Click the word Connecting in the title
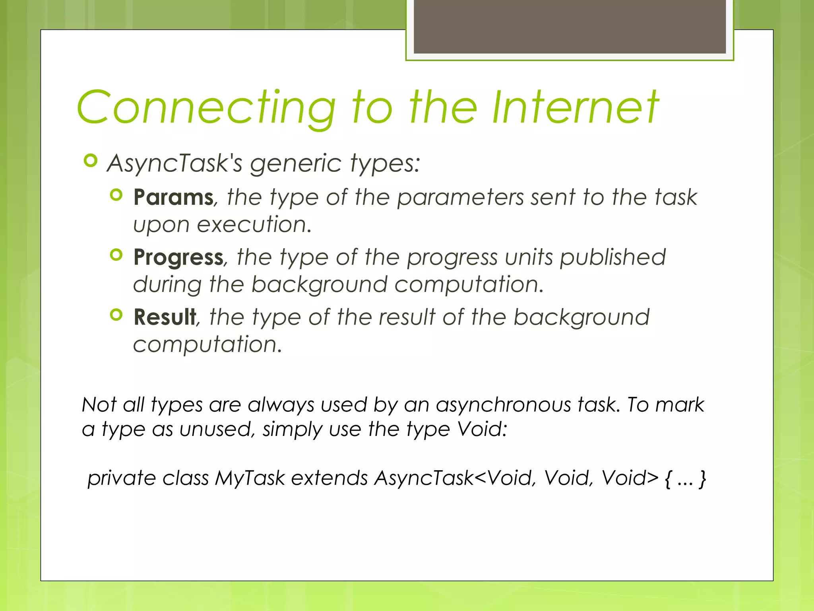pyautogui.click(x=207, y=107)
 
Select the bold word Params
pyautogui.click(x=173, y=197)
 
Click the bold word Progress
pyautogui.click(x=178, y=257)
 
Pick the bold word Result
pyautogui.click(x=165, y=317)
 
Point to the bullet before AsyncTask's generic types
pyautogui.click(x=91, y=161)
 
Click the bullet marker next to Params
pyautogui.click(x=116, y=195)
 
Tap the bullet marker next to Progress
pyautogui.click(x=116, y=255)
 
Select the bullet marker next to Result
pyautogui.click(x=116, y=315)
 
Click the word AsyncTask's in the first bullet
pyautogui.click(x=175, y=163)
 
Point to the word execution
pyautogui.click(x=254, y=225)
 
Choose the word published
pyautogui.click(x=612, y=257)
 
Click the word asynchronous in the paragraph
pyautogui.click(x=504, y=405)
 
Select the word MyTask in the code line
pyautogui.click(x=250, y=478)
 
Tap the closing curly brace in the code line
pyautogui.click(x=703, y=479)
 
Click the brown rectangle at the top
pyautogui.click(x=570, y=26)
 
